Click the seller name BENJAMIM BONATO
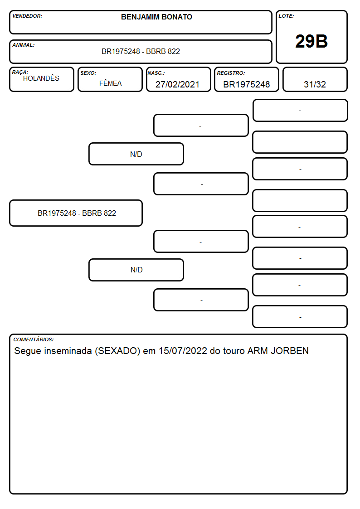(x=156, y=17)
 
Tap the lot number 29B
(x=311, y=41)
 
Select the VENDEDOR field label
(x=27, y=16)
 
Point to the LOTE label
(x=286, y=16)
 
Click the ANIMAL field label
(x=24, y=45)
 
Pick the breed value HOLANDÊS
(x=41, y=78)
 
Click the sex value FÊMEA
(x=110, y=83)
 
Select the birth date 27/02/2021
(x=177, y=84)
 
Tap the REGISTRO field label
(x=231, y=73)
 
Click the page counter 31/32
(x=315, y=84)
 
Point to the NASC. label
(x=156, y=73)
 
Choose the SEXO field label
(x=88, y=73)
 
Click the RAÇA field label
(x=20, y=72)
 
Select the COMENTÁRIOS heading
(x=34, y=339)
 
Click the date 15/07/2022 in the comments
(x=183, y=351)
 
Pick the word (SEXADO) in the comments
(x=117, y=351)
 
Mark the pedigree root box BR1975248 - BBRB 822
(x=76, y=213)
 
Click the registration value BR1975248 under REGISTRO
(x=246, y=84)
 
